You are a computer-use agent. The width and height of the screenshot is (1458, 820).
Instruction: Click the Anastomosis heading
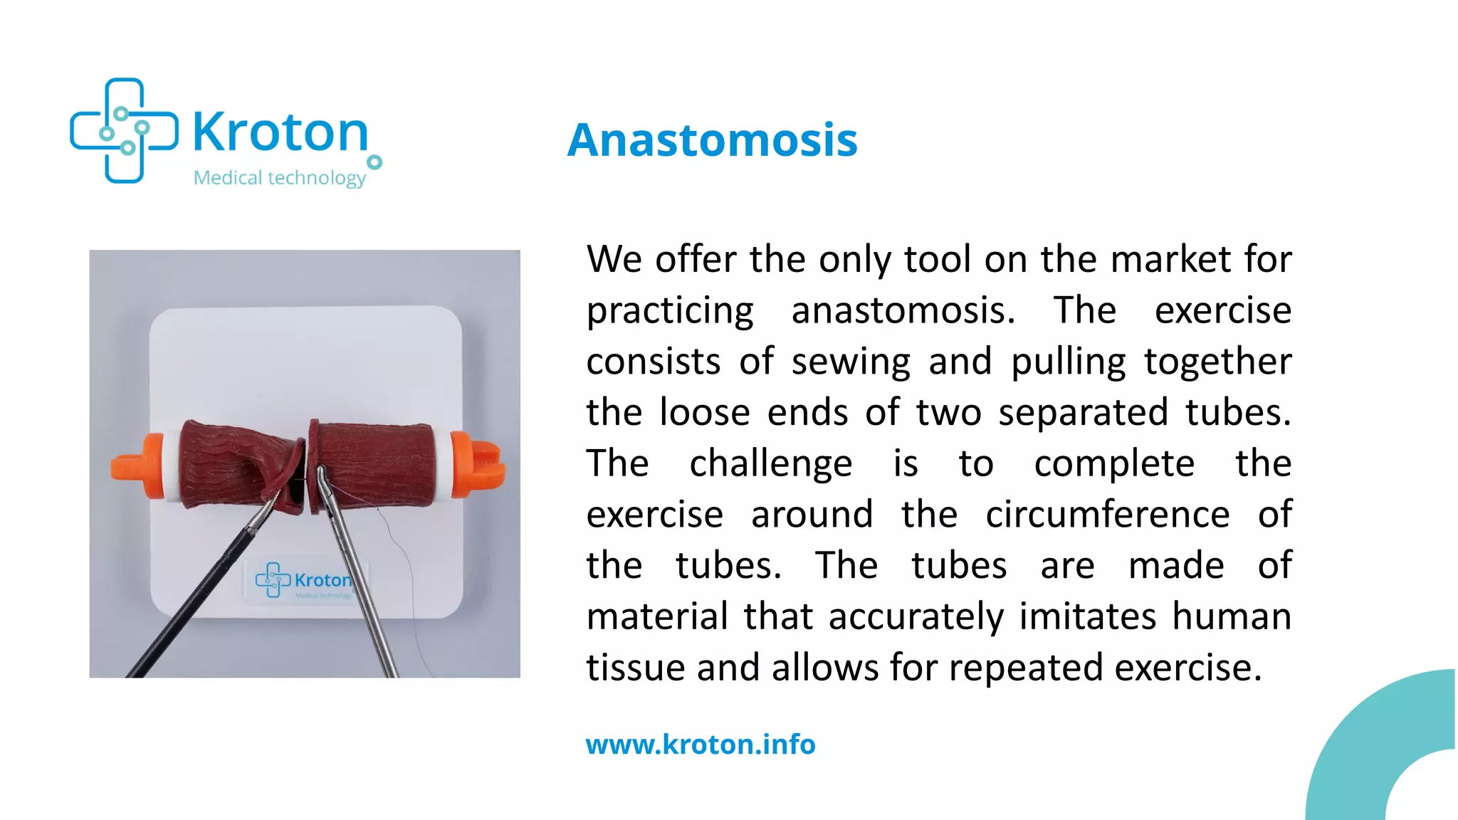[712, 140]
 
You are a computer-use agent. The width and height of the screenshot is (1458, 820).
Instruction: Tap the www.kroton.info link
[701, 745]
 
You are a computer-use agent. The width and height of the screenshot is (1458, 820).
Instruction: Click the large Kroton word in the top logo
[280, 132]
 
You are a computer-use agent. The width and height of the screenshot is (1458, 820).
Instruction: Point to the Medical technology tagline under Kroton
[279, 177]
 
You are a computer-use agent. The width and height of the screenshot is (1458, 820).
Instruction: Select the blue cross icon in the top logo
[124, 131]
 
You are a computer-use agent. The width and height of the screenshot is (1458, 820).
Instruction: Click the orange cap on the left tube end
[137, 466]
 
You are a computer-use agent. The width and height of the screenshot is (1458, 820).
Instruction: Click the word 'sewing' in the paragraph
[851, 362]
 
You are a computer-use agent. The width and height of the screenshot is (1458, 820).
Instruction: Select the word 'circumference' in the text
[1107, 515]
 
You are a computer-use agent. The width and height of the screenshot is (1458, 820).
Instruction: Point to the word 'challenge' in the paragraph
[770, 464]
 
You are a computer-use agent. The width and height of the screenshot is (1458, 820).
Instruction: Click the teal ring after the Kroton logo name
[374, 162]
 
